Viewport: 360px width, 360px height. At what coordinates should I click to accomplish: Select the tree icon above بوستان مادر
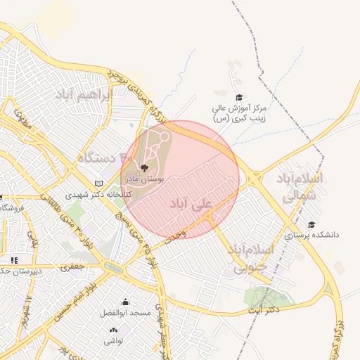[144, 168]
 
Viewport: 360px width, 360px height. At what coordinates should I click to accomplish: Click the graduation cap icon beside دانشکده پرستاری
[311, 224]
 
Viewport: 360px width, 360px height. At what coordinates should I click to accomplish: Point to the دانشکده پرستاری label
[311, 235]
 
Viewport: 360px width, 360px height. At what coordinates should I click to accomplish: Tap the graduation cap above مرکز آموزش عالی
[238, 98]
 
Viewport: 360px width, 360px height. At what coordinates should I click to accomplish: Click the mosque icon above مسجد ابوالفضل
[125, 301]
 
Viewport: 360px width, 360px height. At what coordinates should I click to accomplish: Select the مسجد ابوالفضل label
[125, 311]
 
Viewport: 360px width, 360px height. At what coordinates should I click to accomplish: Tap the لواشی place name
[113, 340]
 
